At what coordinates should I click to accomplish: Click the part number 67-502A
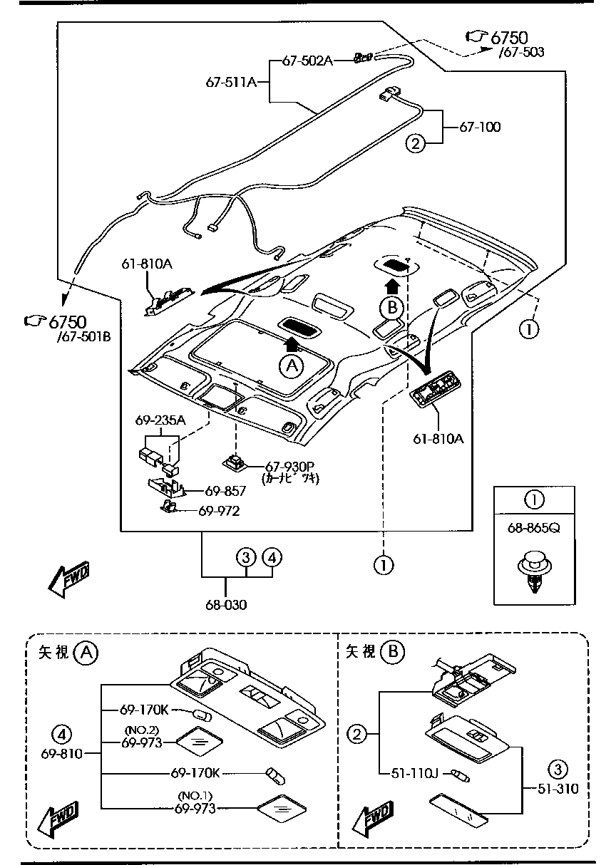[307, 61]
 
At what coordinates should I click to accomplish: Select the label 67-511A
[231, 82]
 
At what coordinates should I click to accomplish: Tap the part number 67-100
[480, 127]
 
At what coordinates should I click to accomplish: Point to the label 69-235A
[160, 420]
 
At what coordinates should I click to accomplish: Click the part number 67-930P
[290, 466]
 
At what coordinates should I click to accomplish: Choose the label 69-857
[225, 491]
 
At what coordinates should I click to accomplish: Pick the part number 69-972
[219, 511]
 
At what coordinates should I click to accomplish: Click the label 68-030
[226, 604]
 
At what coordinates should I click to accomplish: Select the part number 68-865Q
[533, 528]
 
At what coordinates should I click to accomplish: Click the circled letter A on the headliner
[292, 366]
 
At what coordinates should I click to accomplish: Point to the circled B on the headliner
[392, 308]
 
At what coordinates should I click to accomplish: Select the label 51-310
[558, 789]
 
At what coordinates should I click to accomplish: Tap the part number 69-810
[62, 753]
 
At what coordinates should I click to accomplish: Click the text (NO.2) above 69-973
[141, 730]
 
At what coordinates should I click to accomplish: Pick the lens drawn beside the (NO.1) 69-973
[282, 807]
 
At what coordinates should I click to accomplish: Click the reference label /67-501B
[83, 336]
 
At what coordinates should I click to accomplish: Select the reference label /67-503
[521, 52]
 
